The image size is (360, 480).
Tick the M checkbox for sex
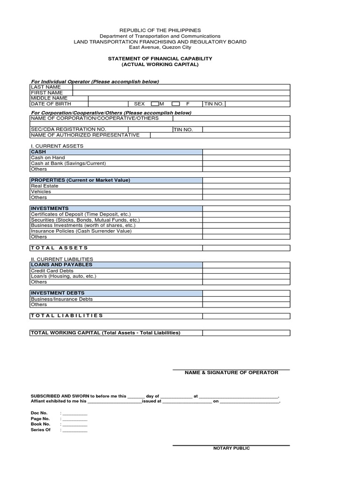click(155, 104)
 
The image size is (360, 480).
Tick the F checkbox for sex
click(176, 104)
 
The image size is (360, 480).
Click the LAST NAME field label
click(46, 87)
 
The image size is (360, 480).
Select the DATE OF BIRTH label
click(51, 104)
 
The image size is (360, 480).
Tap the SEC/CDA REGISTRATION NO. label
click(68, 129)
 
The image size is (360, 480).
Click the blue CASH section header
click(116, 152)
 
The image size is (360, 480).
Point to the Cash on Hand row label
click(48, 158)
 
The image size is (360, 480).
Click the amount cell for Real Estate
click(246, 186)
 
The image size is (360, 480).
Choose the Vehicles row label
click(41, 192)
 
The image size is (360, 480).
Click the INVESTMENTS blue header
click(116, 208)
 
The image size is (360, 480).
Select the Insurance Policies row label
click(81, 231)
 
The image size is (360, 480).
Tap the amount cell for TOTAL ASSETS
click(246, 248)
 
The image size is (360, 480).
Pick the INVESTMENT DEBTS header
click(116, 293)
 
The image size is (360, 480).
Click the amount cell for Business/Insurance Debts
click(246, 299)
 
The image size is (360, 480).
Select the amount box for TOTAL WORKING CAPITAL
click(246, 333)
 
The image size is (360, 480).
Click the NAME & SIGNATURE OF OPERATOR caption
click(231, 373)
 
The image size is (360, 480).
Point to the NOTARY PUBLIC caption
click(232, 448)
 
